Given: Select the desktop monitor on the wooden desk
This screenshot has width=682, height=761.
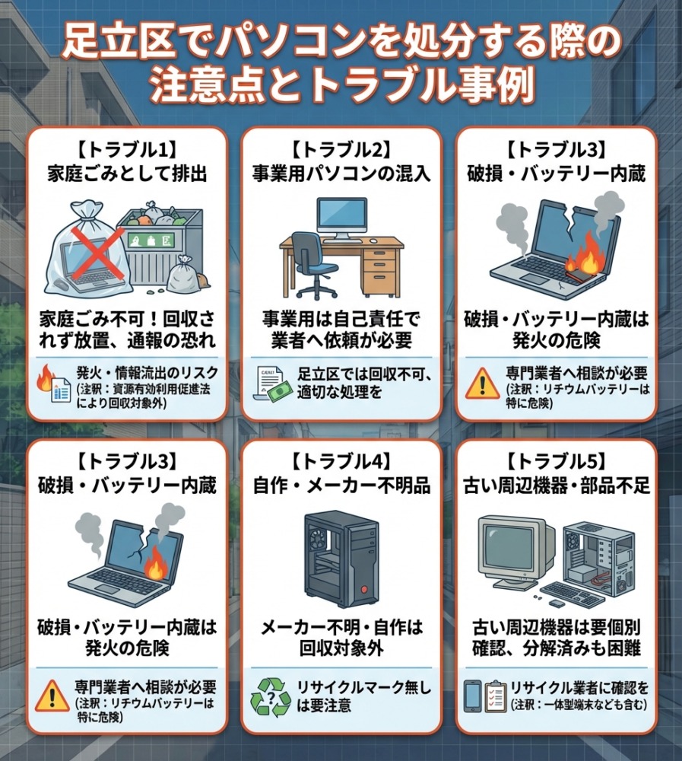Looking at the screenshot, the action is click(341, 219).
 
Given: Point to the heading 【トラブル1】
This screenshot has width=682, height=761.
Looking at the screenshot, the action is click(127, 151).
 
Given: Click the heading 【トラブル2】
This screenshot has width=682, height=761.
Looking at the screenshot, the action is click(341, 151).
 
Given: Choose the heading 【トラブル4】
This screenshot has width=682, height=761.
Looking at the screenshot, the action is click(341, 462).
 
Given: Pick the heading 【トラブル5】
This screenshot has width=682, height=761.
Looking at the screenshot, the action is click(557, 462).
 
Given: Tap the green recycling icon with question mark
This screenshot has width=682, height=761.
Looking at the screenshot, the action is click(270, 697).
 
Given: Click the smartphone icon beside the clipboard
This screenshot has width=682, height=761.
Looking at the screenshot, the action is click(472, 696).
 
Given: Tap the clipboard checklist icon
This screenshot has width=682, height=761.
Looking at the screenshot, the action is click(495, 696).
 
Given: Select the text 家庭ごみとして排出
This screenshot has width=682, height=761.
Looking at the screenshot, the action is click(127, 174).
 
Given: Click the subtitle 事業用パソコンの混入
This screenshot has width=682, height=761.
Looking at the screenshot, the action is click(341, 174).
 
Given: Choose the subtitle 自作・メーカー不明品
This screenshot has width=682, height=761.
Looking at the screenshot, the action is click(341, 485).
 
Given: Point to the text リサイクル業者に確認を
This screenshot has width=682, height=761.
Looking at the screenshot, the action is click(579, 687).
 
